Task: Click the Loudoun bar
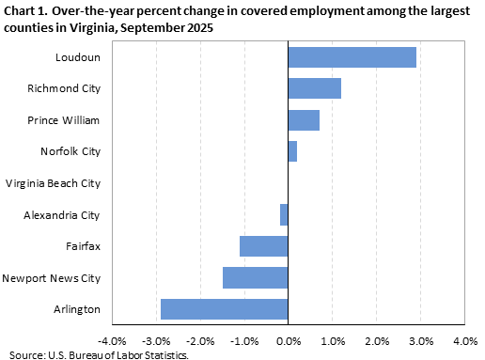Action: point(352,57)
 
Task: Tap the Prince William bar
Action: point(304,120)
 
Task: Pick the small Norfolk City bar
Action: point(292,151)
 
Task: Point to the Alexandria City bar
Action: point(284,214)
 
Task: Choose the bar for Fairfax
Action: point(263,246)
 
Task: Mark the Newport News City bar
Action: point(255,277)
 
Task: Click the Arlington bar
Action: point(224,309)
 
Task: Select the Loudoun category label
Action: point(78,57)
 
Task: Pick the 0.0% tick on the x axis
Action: point(288,340)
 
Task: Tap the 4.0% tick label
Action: point(464,340)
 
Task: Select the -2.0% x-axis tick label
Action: point(199,340)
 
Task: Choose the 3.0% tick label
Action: point(420,340)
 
